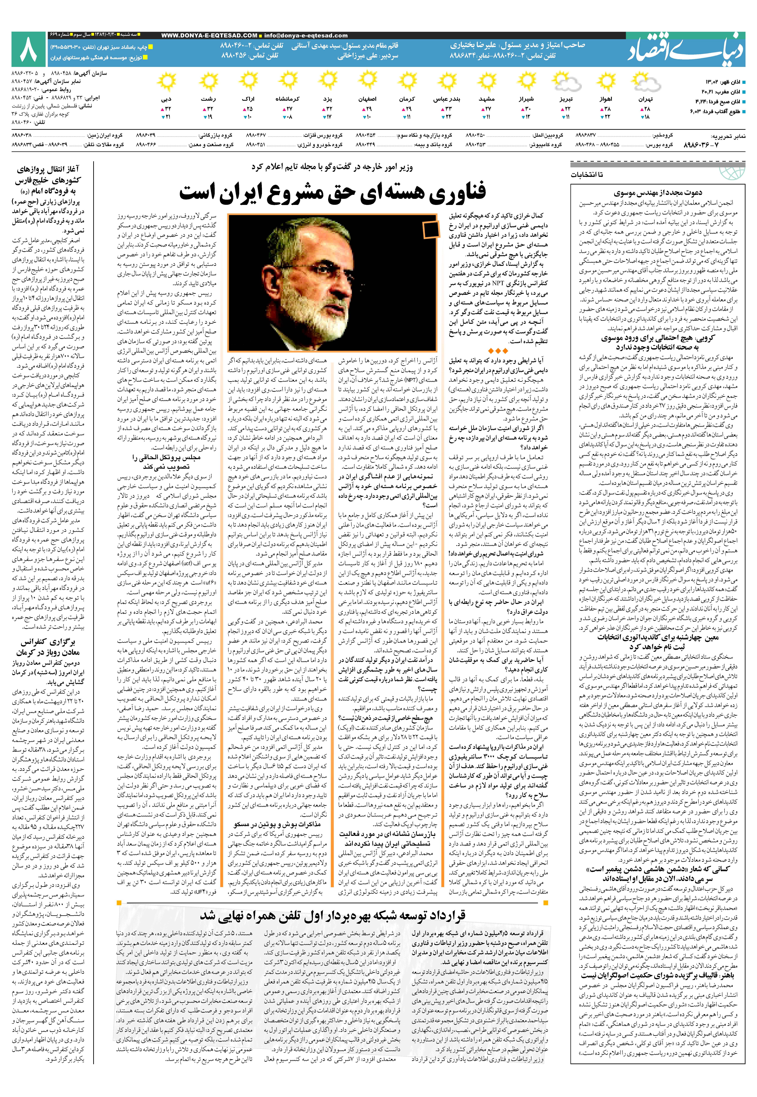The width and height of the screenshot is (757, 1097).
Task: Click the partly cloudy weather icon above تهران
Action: (647, 84)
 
